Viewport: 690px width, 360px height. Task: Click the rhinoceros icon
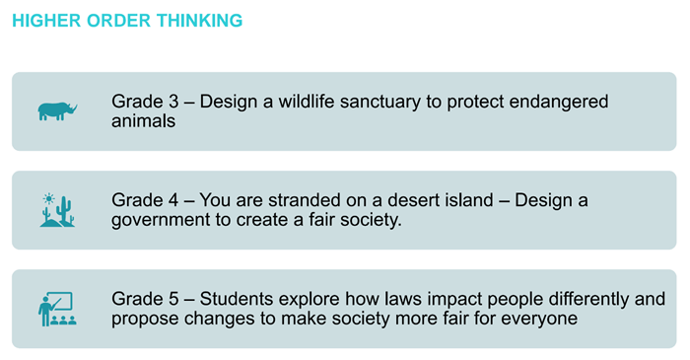pos(57,110)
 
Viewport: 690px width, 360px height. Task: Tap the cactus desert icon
pos(57,210)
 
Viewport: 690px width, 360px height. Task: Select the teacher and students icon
pos(57,309)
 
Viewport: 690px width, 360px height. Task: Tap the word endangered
pos(560,102)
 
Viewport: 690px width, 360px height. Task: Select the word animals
pos(143,121)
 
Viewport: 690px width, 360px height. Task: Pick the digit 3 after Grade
pos(166,102)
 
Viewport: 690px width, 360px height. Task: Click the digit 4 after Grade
pos(166,200)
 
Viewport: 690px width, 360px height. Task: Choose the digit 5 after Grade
pos(166,299)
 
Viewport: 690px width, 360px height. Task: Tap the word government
pos(157,220)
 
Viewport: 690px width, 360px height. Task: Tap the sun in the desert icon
pos(47,199)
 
